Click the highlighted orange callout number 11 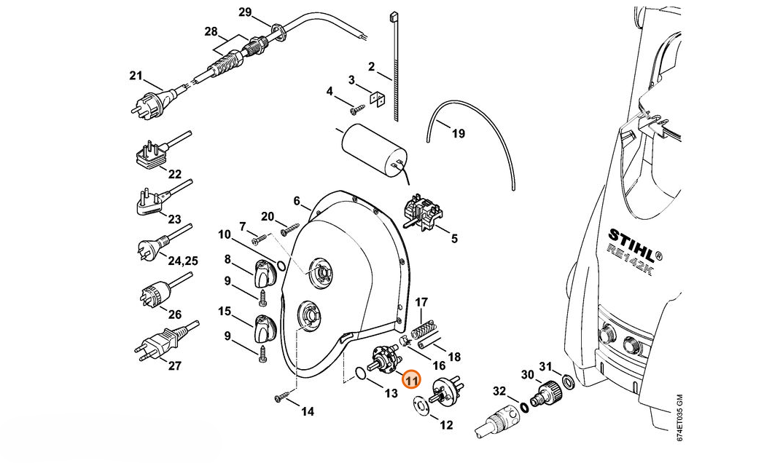(412, 380)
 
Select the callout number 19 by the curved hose (458, 133)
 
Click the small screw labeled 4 (358, 110)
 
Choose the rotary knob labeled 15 (265, 328)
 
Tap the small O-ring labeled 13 (361, 374)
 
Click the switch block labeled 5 (422, 212)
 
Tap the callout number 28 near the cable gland (211, 32)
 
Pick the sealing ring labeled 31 (568, 380)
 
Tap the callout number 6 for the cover (297, 201)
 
